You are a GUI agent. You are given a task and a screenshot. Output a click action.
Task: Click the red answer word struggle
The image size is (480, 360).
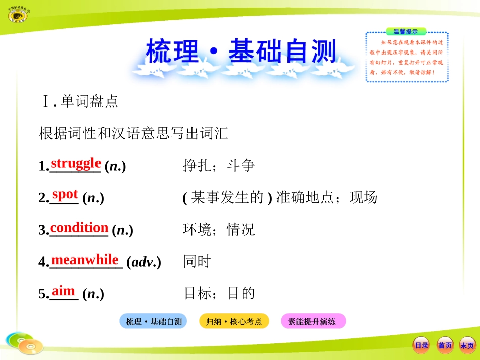[76, 163]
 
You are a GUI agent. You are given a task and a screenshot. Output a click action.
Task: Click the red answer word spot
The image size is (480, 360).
[65, 194]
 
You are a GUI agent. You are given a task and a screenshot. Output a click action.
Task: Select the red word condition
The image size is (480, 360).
[79, 227]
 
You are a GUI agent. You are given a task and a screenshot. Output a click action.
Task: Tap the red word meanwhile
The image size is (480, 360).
[85, 260]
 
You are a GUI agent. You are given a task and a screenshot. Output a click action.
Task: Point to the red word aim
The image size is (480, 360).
[63, 291]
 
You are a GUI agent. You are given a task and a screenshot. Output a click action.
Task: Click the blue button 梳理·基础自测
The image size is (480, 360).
[153, 321]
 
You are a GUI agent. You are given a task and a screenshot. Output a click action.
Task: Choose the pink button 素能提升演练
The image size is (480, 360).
[313, 321]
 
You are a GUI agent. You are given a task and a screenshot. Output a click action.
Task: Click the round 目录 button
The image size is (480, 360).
[421, 345]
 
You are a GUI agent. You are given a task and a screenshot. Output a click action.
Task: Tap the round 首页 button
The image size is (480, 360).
[445, 345]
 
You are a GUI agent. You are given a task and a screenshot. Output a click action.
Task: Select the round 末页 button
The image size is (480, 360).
[467, 345]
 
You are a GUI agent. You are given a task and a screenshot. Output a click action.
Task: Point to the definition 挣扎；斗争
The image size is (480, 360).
[219, 166]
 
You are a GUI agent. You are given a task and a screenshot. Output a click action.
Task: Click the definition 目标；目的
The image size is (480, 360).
[219, 293]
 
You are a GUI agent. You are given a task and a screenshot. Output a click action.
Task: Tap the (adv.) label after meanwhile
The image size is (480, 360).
[144, 262]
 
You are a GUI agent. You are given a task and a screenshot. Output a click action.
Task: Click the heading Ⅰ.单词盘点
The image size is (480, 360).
[80, 102]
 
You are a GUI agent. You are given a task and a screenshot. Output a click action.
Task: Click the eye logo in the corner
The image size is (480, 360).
[19, 14]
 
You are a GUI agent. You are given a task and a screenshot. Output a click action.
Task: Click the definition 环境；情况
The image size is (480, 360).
[219, 230]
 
